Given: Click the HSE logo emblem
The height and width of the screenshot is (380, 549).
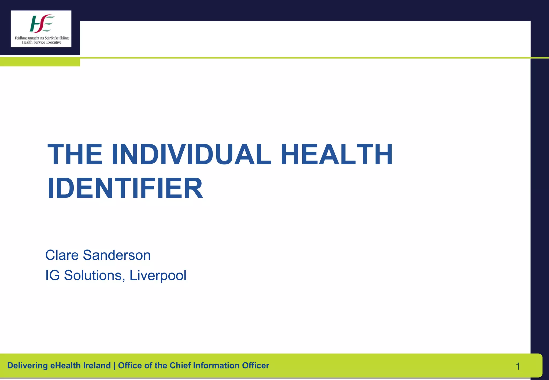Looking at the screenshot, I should coord(42,24).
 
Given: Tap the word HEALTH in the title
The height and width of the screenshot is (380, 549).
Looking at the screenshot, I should coord(336,155).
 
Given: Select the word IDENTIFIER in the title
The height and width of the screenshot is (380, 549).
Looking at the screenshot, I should coord(125,188).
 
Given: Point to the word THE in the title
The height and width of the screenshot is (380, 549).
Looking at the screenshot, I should coord(75,155).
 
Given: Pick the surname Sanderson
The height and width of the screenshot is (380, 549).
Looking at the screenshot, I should coord(117,255).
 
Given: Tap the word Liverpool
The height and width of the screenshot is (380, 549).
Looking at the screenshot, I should coord(158,275).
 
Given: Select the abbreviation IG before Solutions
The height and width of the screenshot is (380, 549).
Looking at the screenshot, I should coord(52,275).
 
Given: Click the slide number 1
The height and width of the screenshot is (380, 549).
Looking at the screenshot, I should coord(518,366).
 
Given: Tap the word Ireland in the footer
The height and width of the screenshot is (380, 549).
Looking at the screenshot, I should coord(97,366).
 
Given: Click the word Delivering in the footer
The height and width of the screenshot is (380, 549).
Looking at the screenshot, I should coord(27,366).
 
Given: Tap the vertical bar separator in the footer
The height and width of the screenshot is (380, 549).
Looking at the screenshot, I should coord(114,366).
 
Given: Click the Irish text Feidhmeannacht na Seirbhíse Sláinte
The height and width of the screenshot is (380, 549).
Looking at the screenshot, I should coord(42,38).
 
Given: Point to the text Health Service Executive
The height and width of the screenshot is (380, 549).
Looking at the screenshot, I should coord(42,42).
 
